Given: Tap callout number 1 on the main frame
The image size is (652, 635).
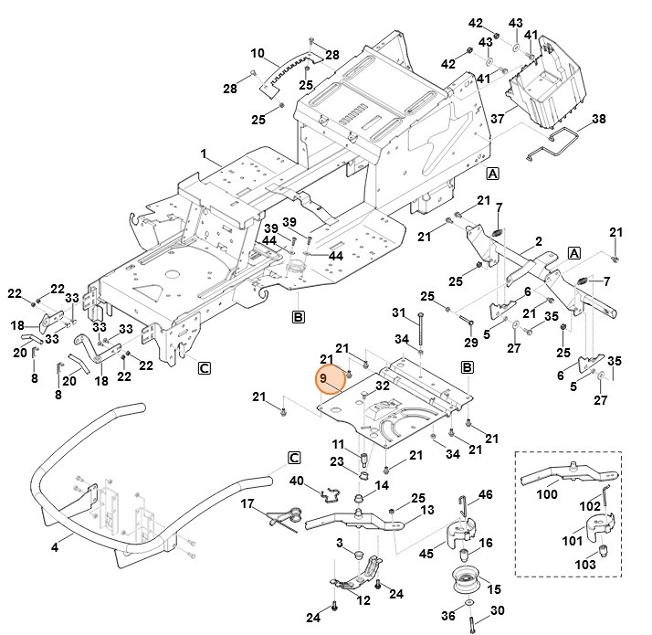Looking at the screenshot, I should [205, 153].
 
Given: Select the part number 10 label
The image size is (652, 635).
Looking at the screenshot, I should [257, 53].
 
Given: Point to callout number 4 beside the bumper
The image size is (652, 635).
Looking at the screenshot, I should [56, 546].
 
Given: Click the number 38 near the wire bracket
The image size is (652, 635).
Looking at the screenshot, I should [599, 119].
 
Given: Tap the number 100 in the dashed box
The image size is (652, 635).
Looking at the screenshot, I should [546, 494].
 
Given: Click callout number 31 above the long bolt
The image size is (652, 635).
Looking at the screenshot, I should [398, 312].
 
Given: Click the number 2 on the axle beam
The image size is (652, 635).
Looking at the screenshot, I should [538, 240].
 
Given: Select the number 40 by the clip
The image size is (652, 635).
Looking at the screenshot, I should [297, 482].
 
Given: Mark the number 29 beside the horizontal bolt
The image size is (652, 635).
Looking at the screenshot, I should [470, 341].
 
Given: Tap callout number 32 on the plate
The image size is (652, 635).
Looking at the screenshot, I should [383, 386].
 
